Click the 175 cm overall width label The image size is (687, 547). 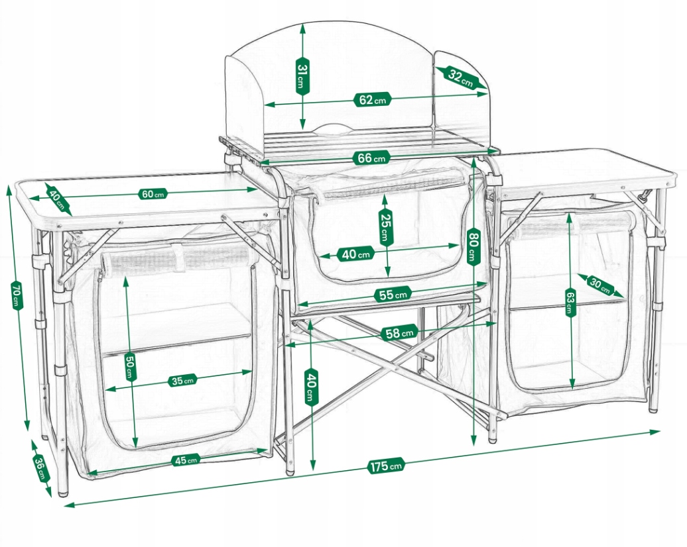pos(385,466)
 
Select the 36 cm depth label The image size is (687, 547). pos(39,468)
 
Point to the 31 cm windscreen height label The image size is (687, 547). pos(302,76)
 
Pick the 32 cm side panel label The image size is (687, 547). pos(460,78)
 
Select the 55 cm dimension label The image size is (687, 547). pos(393,295)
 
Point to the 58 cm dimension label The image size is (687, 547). pos(399,333)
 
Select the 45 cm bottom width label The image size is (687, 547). pos(186,460)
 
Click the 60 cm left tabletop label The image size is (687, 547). pos(153,193)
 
